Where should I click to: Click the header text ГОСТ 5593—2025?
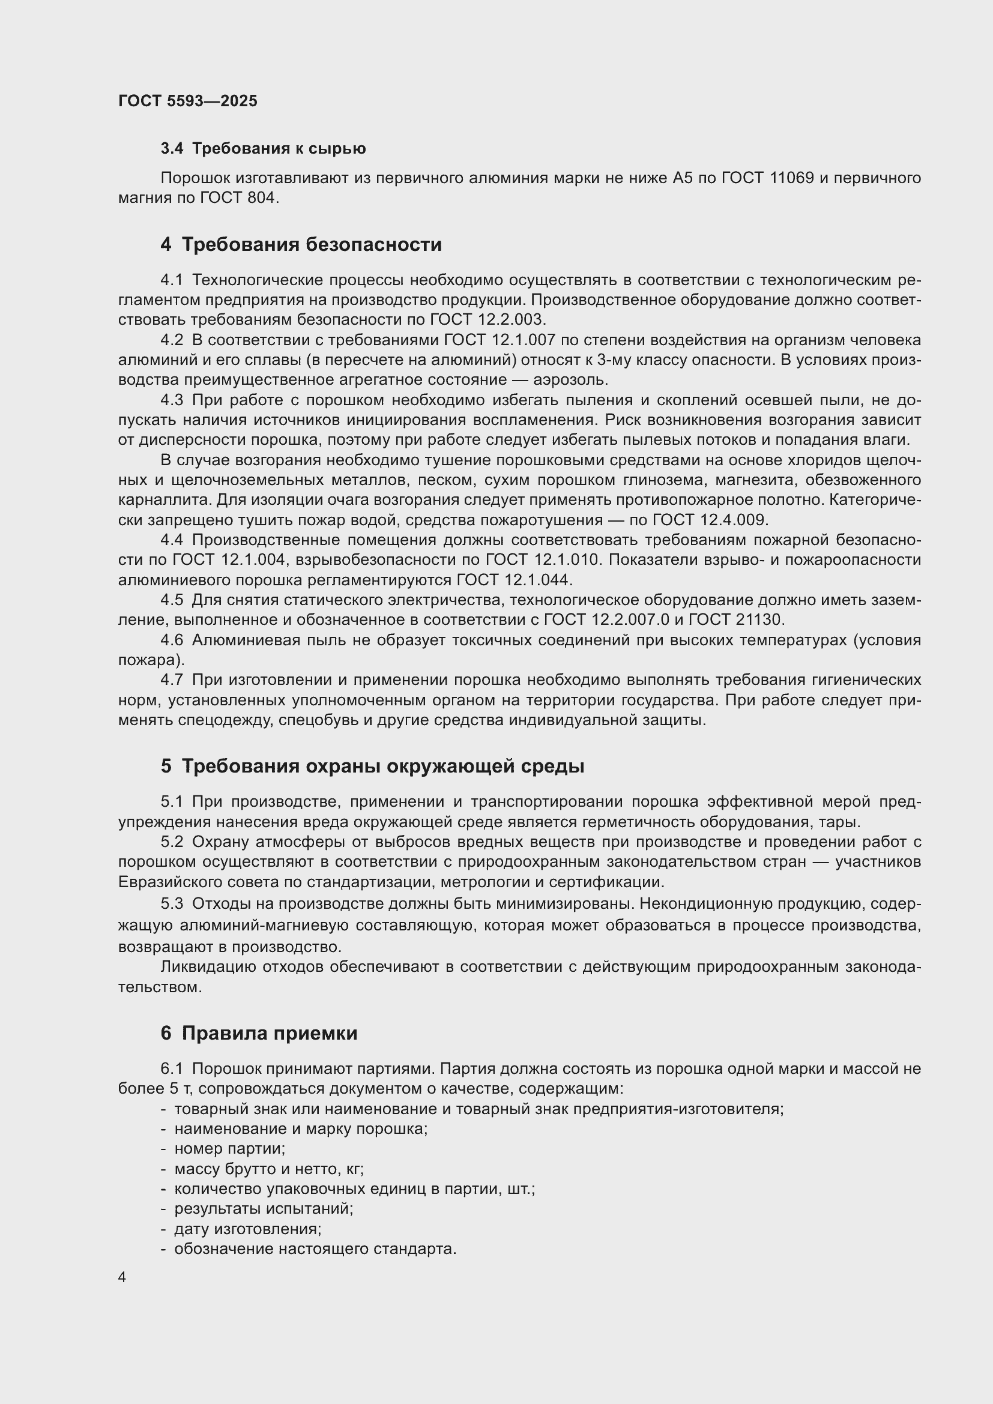[188, 101]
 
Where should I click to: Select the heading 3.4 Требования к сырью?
[263, 149]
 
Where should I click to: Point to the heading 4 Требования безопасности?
[301, 244]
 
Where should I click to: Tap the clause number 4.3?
[172, 400]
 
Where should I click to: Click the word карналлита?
[164, 499]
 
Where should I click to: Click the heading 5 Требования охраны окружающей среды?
[372, 766]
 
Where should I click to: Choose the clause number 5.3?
[172, 904]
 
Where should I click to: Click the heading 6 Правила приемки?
[259, 1034]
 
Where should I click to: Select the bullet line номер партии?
[229, 1148]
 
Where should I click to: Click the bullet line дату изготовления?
[247, 1229]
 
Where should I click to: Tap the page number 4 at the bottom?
[122, 1277]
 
